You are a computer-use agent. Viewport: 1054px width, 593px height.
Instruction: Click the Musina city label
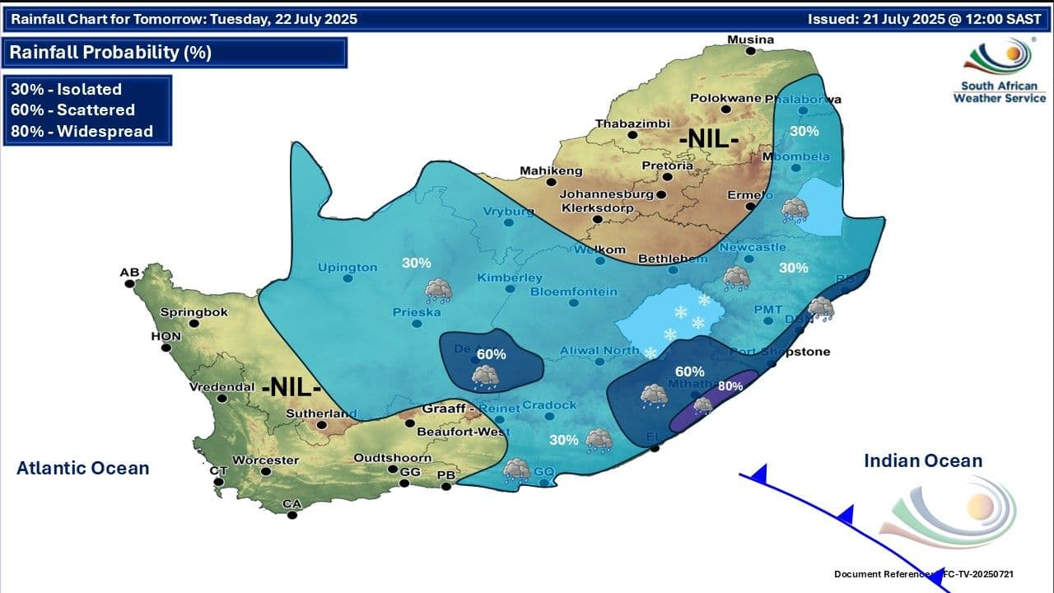pyautogui.click(x=750, y=40)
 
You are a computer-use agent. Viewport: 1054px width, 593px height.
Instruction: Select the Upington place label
pyautogui.click(x=348, y=267)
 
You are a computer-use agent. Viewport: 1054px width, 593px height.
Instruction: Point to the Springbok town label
pyautogui.click(x=186, y=312)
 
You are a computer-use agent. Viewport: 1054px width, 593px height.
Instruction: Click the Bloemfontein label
pyautogui.click(x=573, y=292)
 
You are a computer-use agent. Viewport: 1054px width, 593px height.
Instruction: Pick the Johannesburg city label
pyautogui.click(x=606, y=194)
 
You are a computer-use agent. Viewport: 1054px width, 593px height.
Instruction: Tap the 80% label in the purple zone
pyautogui.click(x=730, y=385)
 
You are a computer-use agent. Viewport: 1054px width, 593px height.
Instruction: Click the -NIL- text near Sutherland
pyautogui.click(x=291, y=387)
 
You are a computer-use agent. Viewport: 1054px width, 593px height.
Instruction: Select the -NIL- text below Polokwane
pyautogui.click(x=708, y=140)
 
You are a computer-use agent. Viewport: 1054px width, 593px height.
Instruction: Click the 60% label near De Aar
pyautogui.click(x=491, y=354)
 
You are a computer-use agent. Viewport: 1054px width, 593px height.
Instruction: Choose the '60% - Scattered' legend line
pyautogui.click(x=72, y=110)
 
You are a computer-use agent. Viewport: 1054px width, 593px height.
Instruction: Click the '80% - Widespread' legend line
pyautogui.click(x=82, y=131)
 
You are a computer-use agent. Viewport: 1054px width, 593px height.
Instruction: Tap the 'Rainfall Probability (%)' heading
pyautogui.click(x=110, y=53)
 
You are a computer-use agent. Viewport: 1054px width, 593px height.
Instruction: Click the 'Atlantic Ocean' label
pyautogui.click(x=83, y=469)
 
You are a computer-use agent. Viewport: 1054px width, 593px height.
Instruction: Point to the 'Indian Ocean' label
pyautogui.click(x=923, y=461)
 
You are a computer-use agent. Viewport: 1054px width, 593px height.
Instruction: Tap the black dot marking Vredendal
pyautogui.click(x=222, y=398)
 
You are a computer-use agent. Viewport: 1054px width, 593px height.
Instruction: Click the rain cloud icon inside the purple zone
pyautogui.click(x=702, y=405)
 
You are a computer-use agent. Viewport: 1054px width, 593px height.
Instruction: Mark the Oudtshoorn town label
pyautogui.click(x=392, y=458)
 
